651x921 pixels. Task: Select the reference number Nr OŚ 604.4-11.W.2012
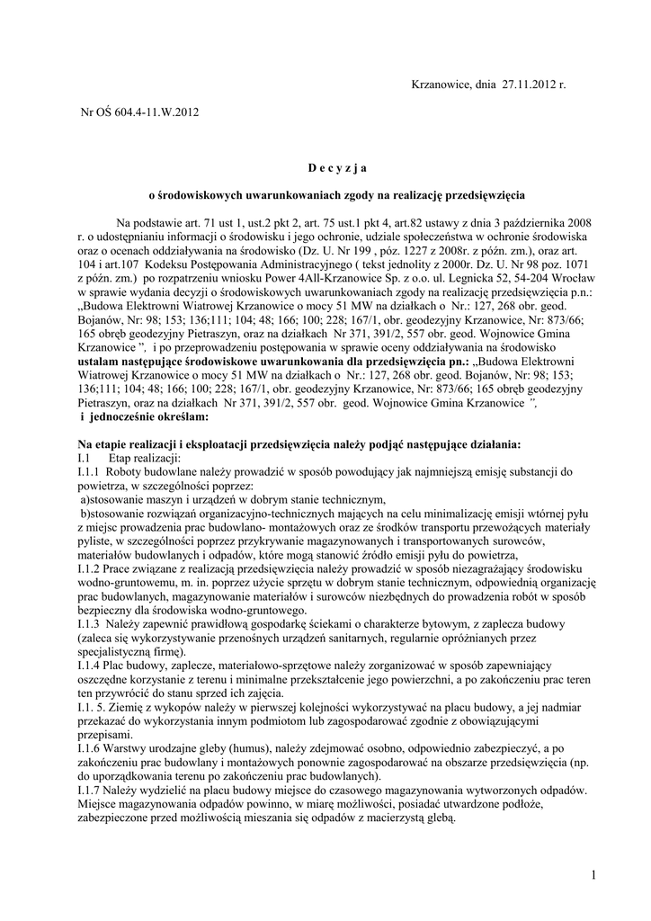point(139,112)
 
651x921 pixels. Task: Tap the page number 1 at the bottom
point(594,875)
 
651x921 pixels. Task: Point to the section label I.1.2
point(89,571)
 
